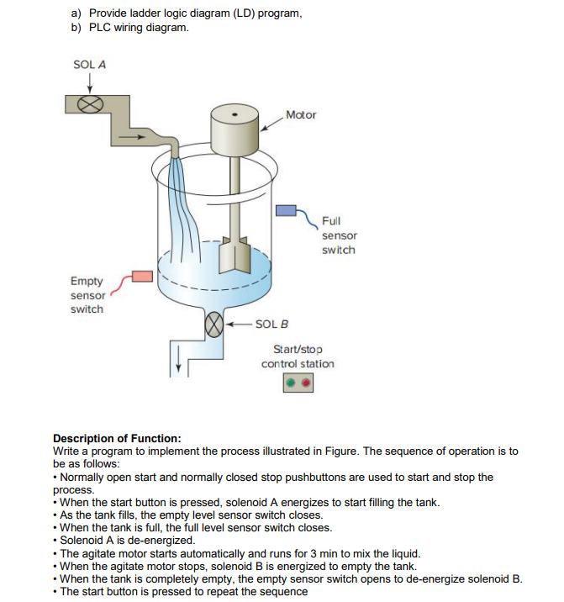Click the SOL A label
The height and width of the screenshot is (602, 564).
[88, 64]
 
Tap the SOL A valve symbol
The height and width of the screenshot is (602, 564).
[89, 103]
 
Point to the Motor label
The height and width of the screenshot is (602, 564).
[300, 114]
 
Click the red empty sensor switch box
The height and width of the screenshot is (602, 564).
[142, 277]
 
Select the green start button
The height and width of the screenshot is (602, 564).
[290, 384]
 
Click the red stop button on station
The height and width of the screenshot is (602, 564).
[307, 384]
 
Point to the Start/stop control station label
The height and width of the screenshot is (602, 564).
[298, 356]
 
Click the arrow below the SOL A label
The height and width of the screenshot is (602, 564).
[88, 81]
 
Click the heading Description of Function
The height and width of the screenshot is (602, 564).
[117, 438]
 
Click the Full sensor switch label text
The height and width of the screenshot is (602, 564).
[339, 235]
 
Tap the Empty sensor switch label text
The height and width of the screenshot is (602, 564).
[87, 295]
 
